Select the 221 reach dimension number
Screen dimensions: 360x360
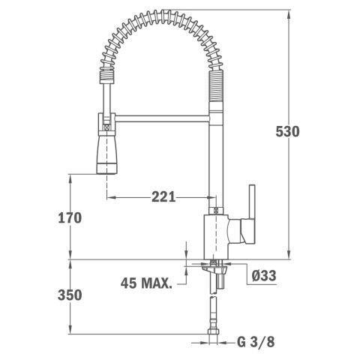[x=163, y=197]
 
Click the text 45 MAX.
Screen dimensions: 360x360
[x=146, y=283]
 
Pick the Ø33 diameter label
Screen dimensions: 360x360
[x=263, y=275]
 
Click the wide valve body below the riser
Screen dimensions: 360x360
[x=217, y=232]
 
